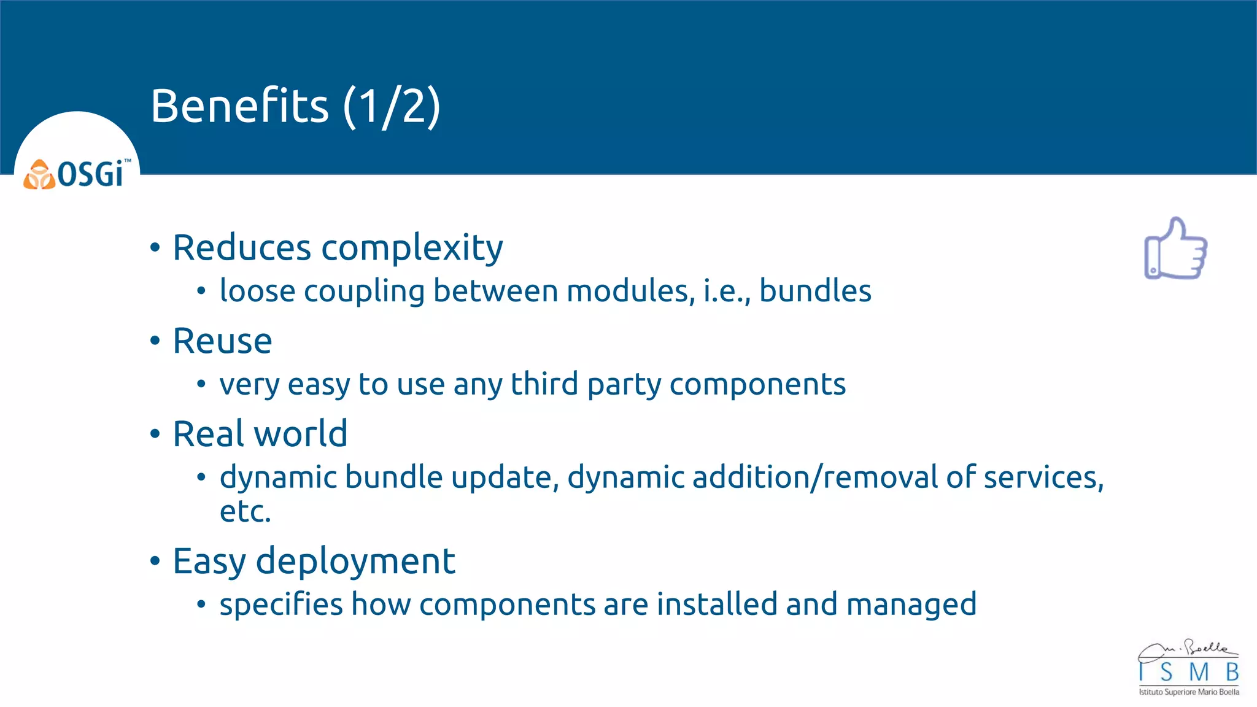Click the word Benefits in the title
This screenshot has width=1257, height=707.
click(x=239, y=106)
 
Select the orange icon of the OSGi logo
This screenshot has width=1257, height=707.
click(x=39, y=175)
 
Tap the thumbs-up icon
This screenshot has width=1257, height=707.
click(x=1175, y=249)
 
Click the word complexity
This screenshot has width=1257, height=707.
click(x=412, y=248)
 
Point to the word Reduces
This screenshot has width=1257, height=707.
click(x=242, y=248)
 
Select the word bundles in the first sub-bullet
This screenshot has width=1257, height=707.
click(x=814, y=291)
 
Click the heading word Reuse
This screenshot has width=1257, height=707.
click(x=222, y=341)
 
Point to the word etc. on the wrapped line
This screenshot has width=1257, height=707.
click(x=245, y=511)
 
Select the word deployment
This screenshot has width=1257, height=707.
click(x=355, y=561)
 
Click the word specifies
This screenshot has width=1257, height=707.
click(x=281, y=605)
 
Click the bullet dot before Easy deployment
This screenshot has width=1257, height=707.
click(x=155, y=561)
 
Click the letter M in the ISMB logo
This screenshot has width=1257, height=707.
click(x=1198, y=673)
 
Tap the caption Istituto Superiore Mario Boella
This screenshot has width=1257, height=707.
click(x=1188, y=692)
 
